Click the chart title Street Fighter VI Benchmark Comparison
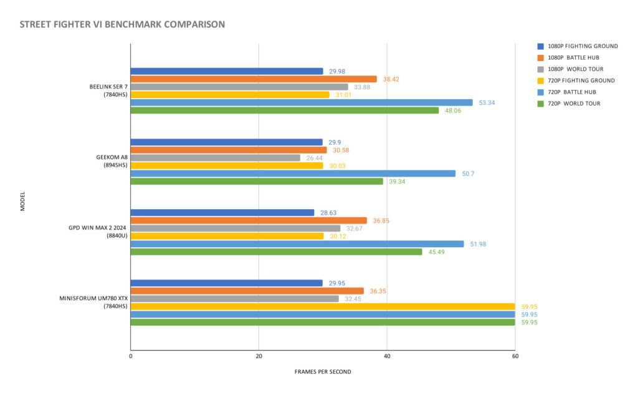(122, 24)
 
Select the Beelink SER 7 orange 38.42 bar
(254, 79)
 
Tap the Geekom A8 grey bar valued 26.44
(215, 158)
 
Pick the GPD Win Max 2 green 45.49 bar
(276, 252)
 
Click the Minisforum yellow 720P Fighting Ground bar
(323, 306)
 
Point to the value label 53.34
(487, 103)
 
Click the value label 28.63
(328, 213)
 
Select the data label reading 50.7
(468, 173)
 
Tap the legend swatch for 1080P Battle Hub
(540, 58)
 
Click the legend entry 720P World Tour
(574, 104)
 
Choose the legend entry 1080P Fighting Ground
(583, 46)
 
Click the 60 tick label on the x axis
(515, 356)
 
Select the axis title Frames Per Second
(323, 372)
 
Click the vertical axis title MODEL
(23, 201)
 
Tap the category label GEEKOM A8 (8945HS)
(112, 161)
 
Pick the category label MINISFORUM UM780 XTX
(93, 298)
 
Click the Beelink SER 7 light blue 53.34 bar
(302, 103)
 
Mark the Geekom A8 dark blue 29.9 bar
(227, 142)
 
